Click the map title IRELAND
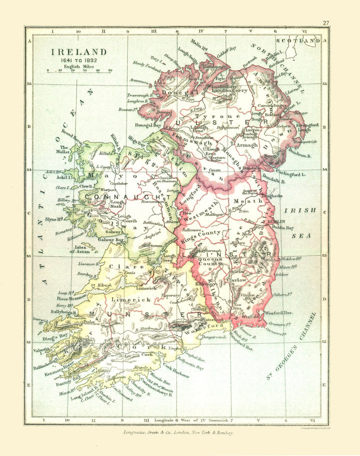click(77, 52)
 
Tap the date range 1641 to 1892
click(77, 60)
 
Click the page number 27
click(325, 23)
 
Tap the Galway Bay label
click(110, 240)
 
